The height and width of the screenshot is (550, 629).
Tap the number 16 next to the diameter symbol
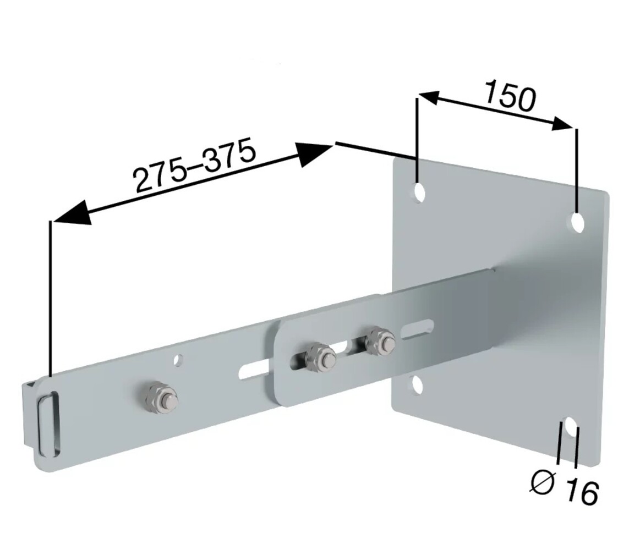point(581,491)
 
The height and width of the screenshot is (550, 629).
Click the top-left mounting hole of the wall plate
point(419,192)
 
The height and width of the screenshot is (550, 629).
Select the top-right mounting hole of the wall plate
point(577,222)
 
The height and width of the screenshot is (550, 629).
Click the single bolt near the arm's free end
point(161,398)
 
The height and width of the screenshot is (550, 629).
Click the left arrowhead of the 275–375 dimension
point(72,213)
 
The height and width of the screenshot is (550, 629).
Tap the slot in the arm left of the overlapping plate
point(254,371)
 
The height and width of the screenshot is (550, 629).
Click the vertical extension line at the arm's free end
point(51,297)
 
